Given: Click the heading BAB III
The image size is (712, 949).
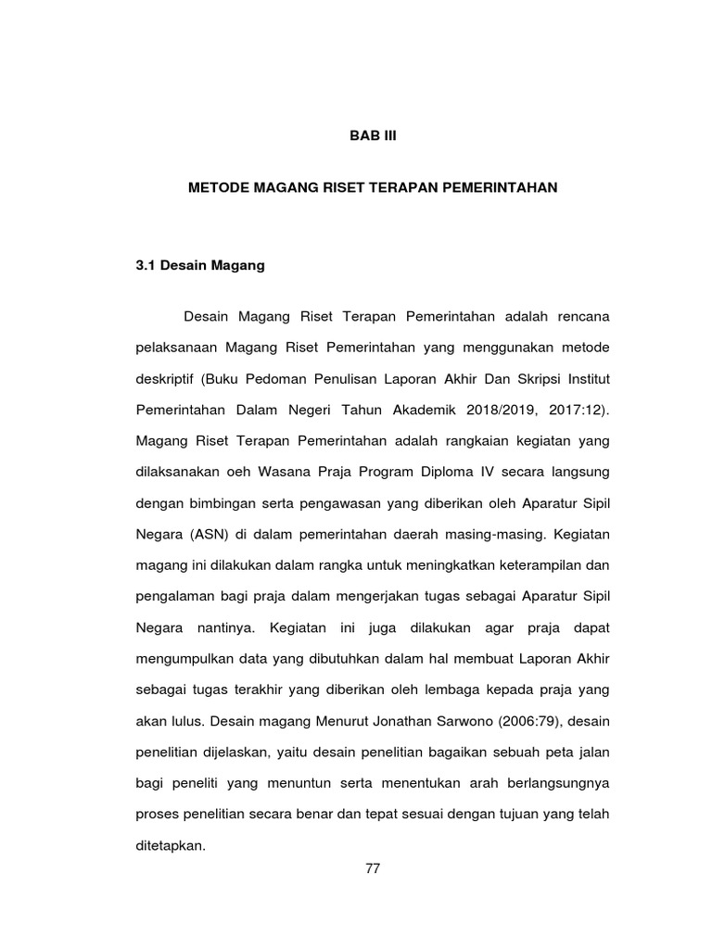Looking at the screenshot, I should click(x=371, y=135).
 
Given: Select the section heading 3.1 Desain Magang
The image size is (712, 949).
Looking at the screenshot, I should click(x=200, y=266).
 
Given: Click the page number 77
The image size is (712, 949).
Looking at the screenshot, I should click(x=373, y=868).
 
